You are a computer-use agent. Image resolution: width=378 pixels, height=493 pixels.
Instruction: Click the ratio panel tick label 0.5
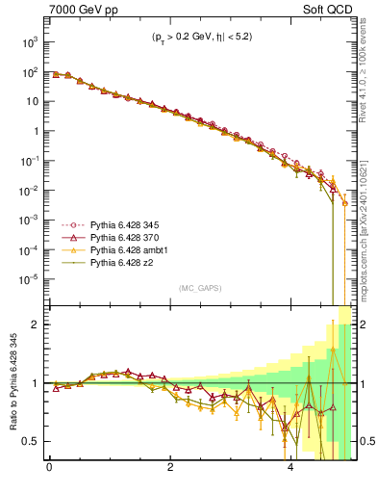point(31,441)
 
